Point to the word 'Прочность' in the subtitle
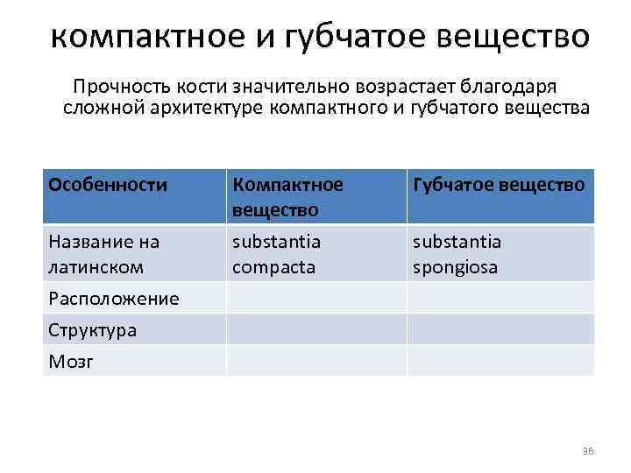[x=116, y=88]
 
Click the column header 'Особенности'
[x=108, y=185]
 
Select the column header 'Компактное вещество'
[x=287, y=197]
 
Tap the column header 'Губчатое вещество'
[x=499, y=185]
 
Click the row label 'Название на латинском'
[x=104, y=253]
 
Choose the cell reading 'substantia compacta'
[x=276, y=253]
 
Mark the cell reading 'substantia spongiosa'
[x=457, y=253]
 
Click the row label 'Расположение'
[x=114, y=299]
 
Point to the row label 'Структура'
[x=93, y=330]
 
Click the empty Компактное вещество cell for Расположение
[x=315, y=298]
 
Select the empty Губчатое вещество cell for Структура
[x=500, y=329]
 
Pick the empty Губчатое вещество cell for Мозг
[x=500, y=360]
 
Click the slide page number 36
[x=587, y=451]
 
